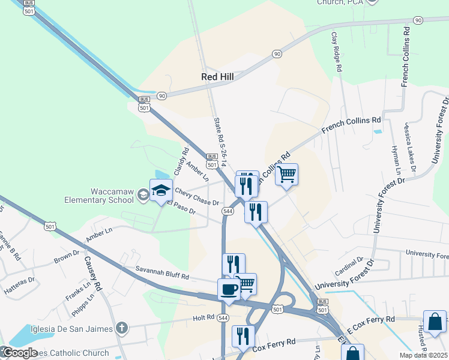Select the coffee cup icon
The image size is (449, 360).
pos(229,289)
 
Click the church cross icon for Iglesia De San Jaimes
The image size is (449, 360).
pos(122,328)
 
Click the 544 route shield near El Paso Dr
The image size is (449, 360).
pos(228,211)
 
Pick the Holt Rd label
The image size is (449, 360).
pos(203,317)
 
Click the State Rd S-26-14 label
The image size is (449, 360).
pos(218,139)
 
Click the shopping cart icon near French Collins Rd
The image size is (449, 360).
pos(287,175)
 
